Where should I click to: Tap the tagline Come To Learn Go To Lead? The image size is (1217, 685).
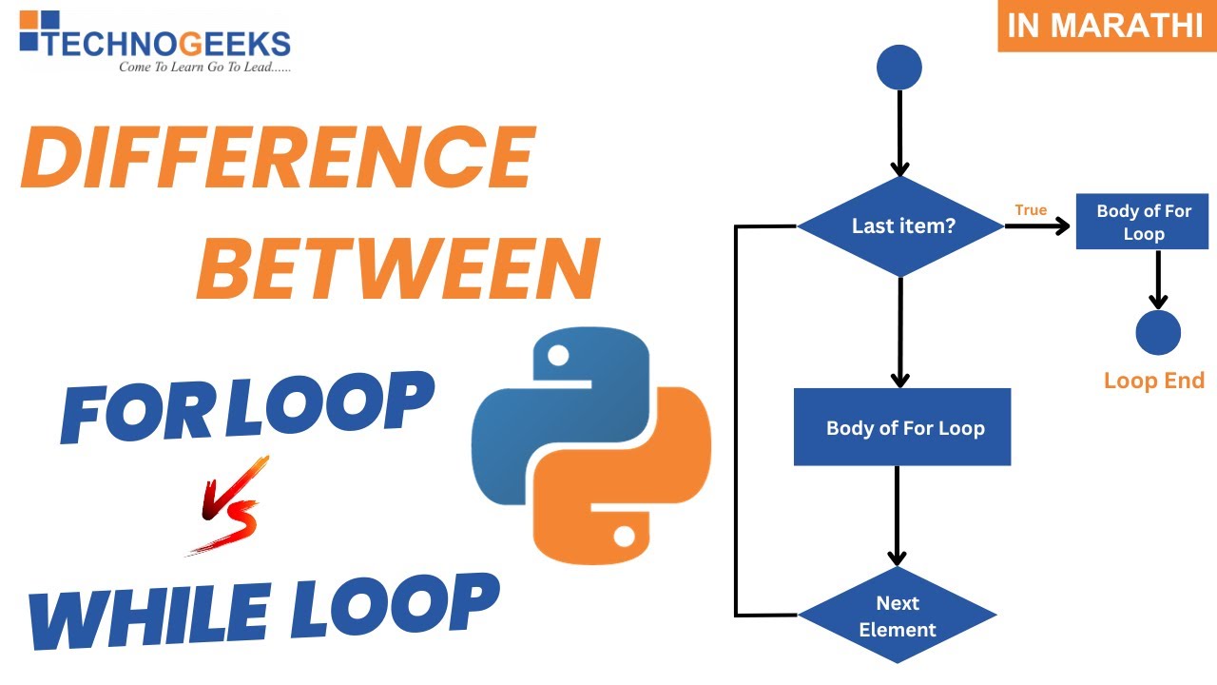204,68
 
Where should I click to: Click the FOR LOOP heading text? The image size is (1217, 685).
247,404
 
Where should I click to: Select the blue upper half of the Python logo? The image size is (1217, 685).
561,400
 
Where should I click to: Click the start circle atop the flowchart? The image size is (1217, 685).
898,68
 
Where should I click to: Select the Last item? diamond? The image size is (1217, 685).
900,226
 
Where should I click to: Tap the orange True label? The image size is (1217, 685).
1031,210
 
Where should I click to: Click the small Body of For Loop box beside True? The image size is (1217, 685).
1142,223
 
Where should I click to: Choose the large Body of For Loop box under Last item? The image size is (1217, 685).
902,427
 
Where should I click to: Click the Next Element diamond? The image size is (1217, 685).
898,616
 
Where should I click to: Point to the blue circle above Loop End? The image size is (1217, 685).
1157,333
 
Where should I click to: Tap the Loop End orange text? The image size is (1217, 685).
1153,382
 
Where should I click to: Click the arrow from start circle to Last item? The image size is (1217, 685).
898,133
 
